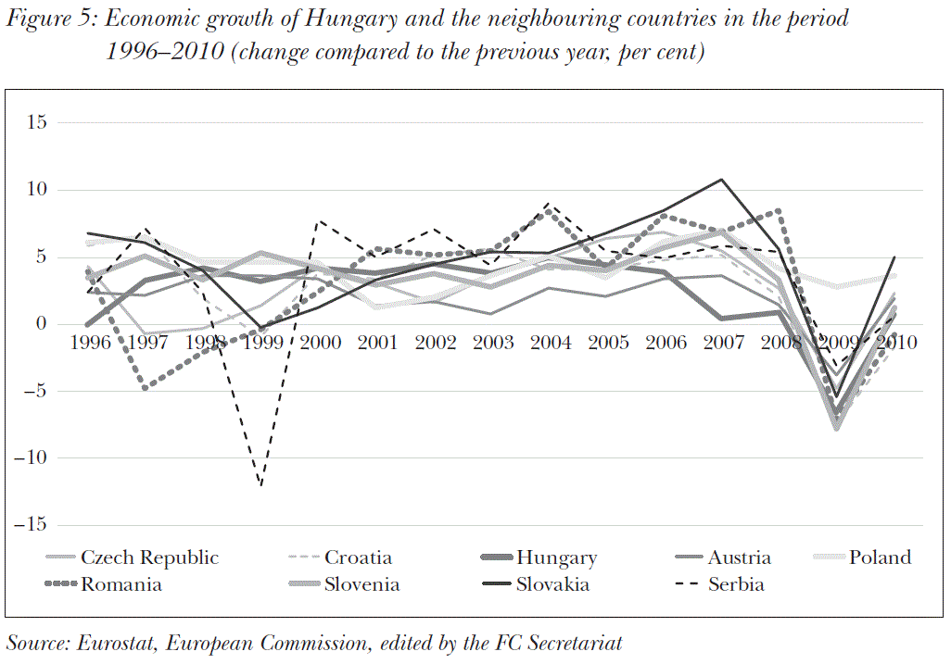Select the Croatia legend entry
click(358, 558)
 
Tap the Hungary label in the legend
click(556, 558)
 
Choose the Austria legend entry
click(739, 558)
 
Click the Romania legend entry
click(121, 584)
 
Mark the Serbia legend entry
click(736, 584)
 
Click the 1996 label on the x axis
click(89, 343)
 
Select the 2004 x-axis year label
click(551, 343)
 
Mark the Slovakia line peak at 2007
click(722, 179)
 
